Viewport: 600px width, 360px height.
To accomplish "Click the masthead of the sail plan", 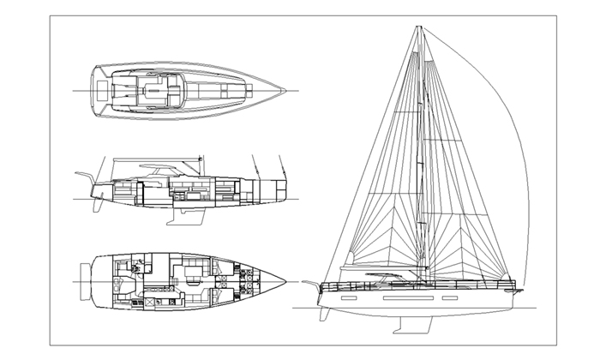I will pos(419,27).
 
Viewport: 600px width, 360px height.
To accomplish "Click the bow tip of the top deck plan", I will pos(291,89).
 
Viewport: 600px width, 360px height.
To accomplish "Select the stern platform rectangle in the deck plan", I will pos(102,89).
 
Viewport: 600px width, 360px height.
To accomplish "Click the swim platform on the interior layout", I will pos(84,280).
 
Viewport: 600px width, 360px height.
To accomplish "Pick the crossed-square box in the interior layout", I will pos(152,302).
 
